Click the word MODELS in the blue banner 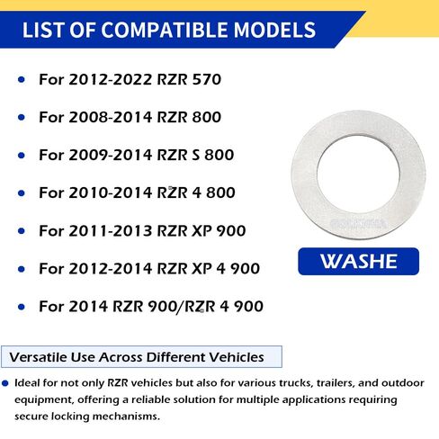coord(274,30)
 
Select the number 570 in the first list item coord(207,79)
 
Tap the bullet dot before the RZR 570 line coord(22,79)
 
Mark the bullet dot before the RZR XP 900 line coord(22,231)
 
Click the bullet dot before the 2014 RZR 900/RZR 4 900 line coord(22,307)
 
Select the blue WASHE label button coord(358,261)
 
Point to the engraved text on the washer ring coord(358,223)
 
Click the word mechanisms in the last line coord(126,417)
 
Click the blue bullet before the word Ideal coord(5,383)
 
